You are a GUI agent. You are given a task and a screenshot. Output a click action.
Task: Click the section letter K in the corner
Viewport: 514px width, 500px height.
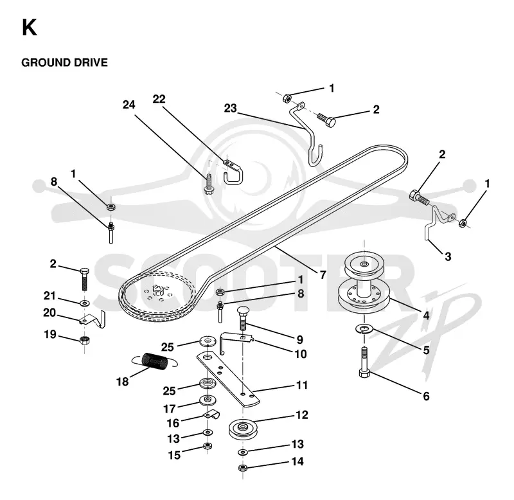[29, 28]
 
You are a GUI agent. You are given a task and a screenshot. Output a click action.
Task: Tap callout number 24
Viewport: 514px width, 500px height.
[129, 105]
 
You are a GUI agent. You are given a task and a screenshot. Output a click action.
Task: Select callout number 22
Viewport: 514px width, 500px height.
[159, 99]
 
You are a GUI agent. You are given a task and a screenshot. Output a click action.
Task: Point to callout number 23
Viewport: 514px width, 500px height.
[230, 108]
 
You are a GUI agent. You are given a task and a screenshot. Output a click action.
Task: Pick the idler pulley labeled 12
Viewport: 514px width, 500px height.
[243, 428]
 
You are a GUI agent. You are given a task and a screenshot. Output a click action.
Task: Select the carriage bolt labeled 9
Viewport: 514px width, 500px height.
[243, 318]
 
